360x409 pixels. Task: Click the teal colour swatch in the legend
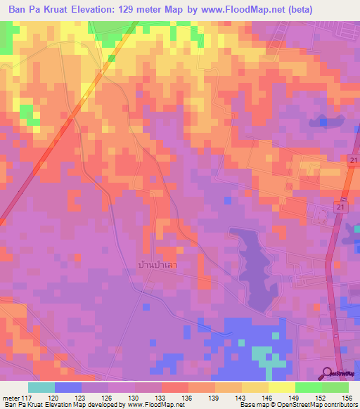coord(41,387)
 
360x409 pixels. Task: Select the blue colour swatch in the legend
coord(67,387)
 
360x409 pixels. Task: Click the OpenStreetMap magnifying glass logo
coord(329,373)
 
